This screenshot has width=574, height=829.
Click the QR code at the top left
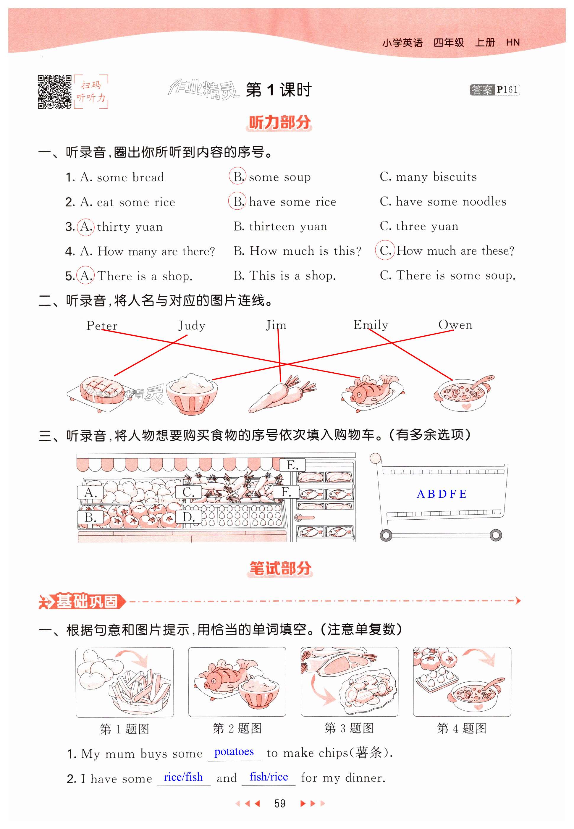[x=54, y=92]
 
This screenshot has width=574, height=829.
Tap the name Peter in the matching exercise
[x=102, y=326]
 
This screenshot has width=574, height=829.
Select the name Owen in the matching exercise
[x=455, y=325]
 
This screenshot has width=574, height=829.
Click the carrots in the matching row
[x=282, y=394]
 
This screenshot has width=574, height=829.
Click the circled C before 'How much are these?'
[x=384, y=250]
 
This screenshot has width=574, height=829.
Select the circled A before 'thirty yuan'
[x=85, y=227]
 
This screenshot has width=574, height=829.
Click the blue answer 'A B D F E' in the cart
[x=441, y=494]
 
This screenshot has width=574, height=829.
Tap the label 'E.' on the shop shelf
[x=292, y=465]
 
